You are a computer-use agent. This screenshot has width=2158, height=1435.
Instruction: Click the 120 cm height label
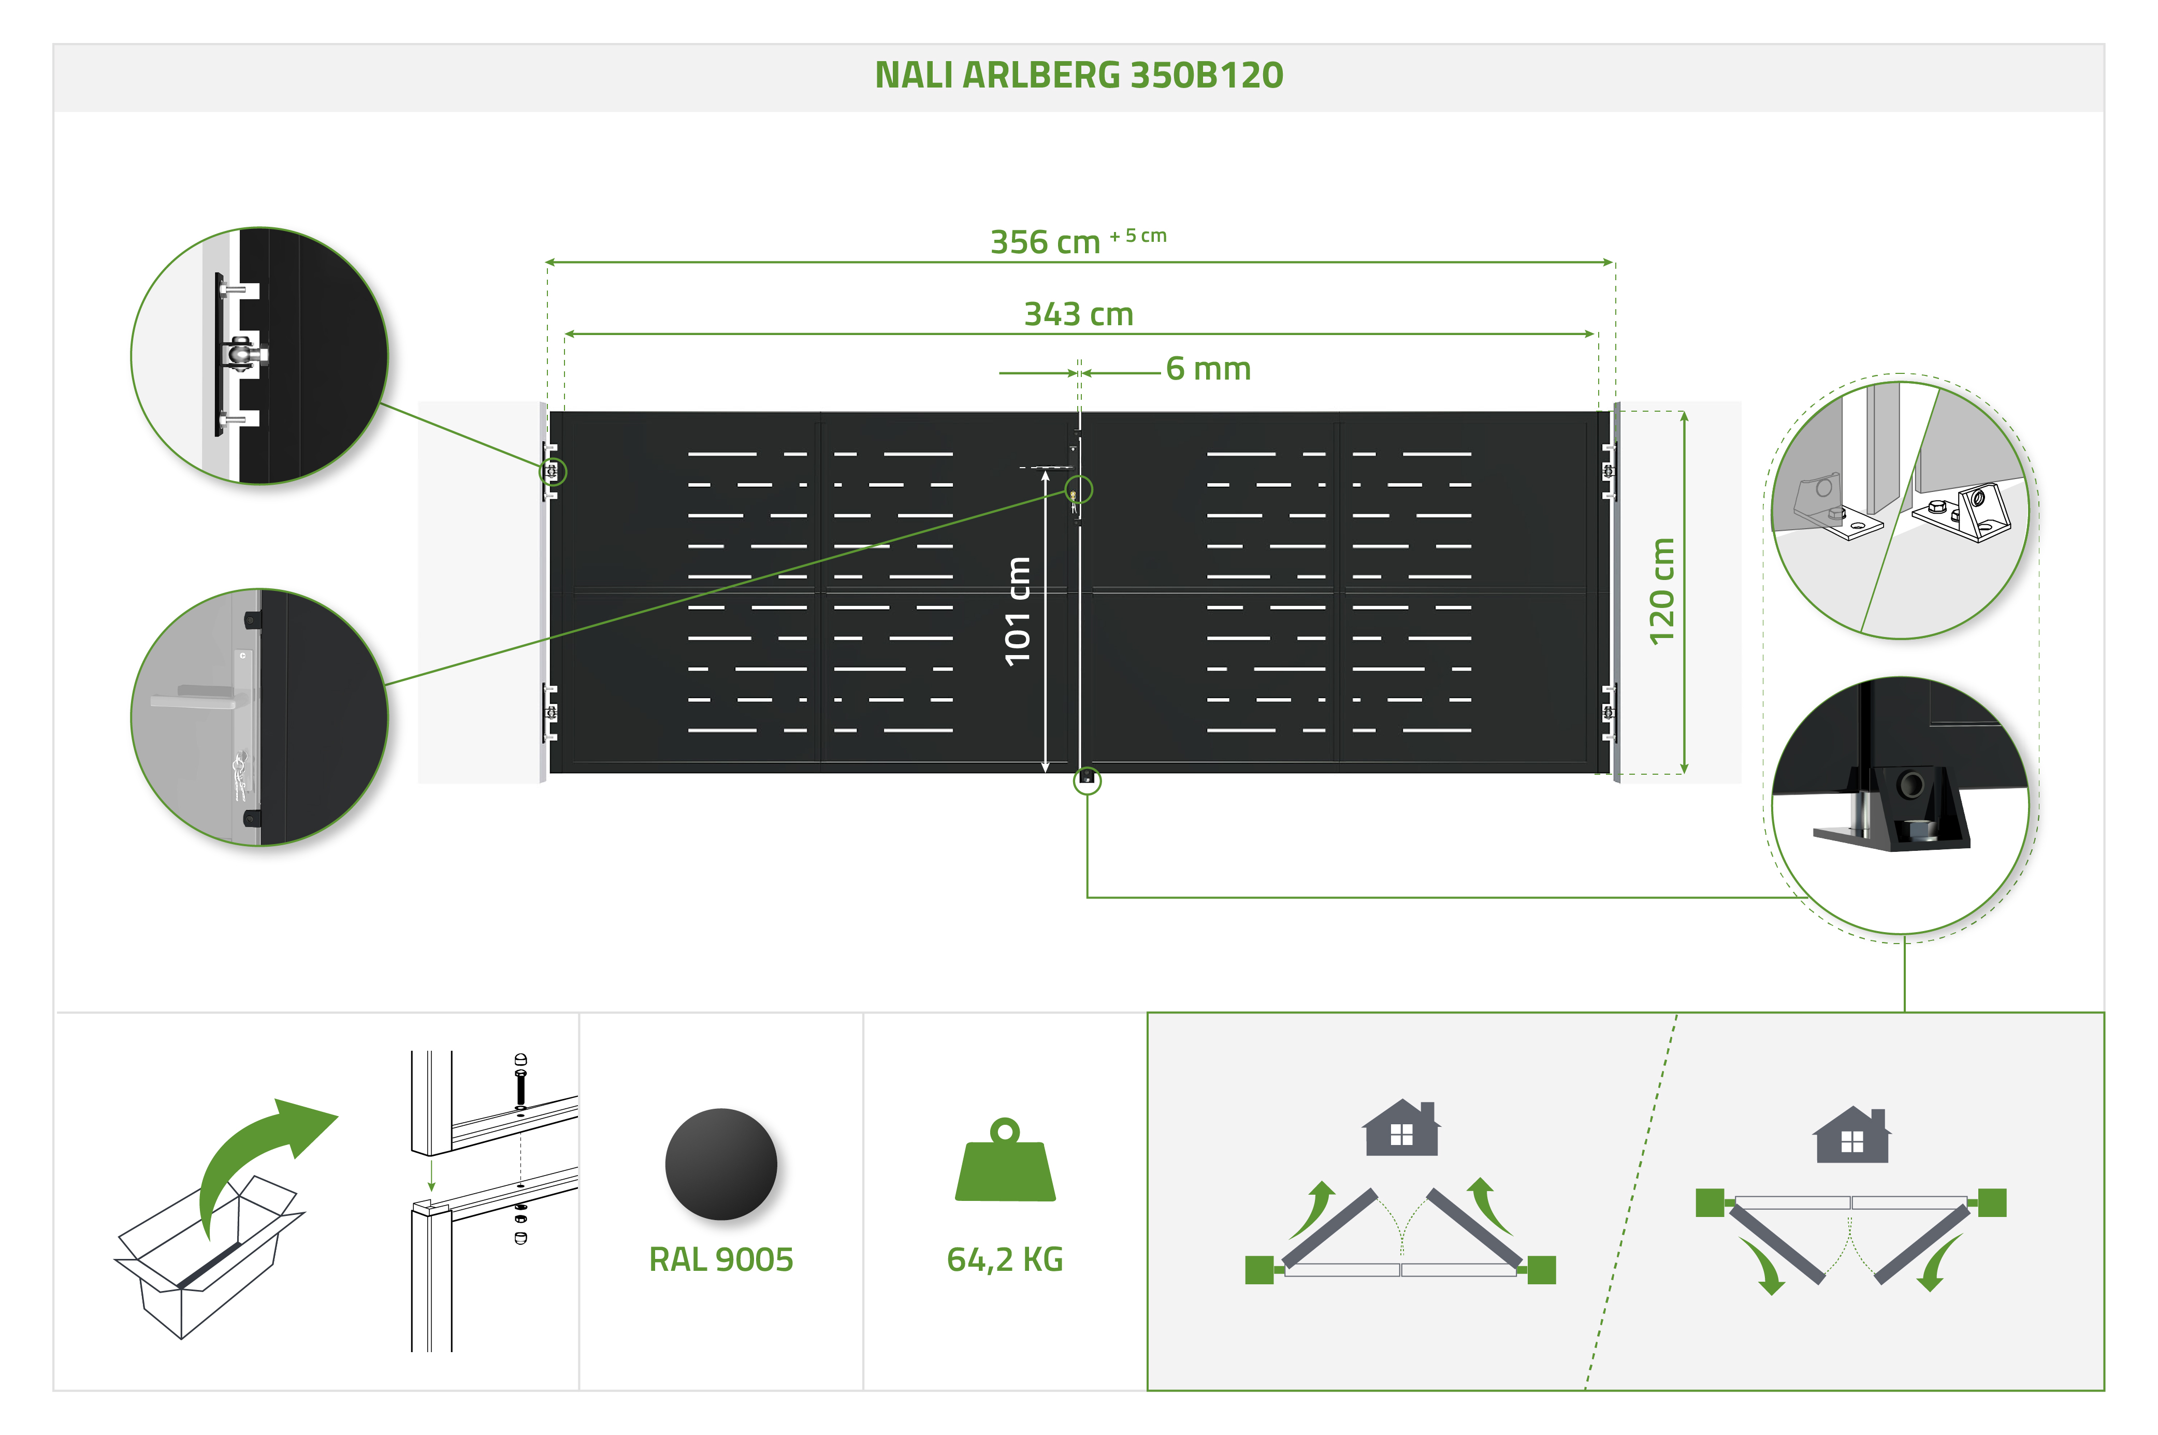point(1661,591)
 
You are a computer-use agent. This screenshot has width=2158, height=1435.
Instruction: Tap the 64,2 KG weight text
point(1004,1260)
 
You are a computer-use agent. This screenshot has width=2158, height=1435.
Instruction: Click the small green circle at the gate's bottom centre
point(1087,780)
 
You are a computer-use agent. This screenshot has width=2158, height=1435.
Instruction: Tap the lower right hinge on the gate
point(1608,712)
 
